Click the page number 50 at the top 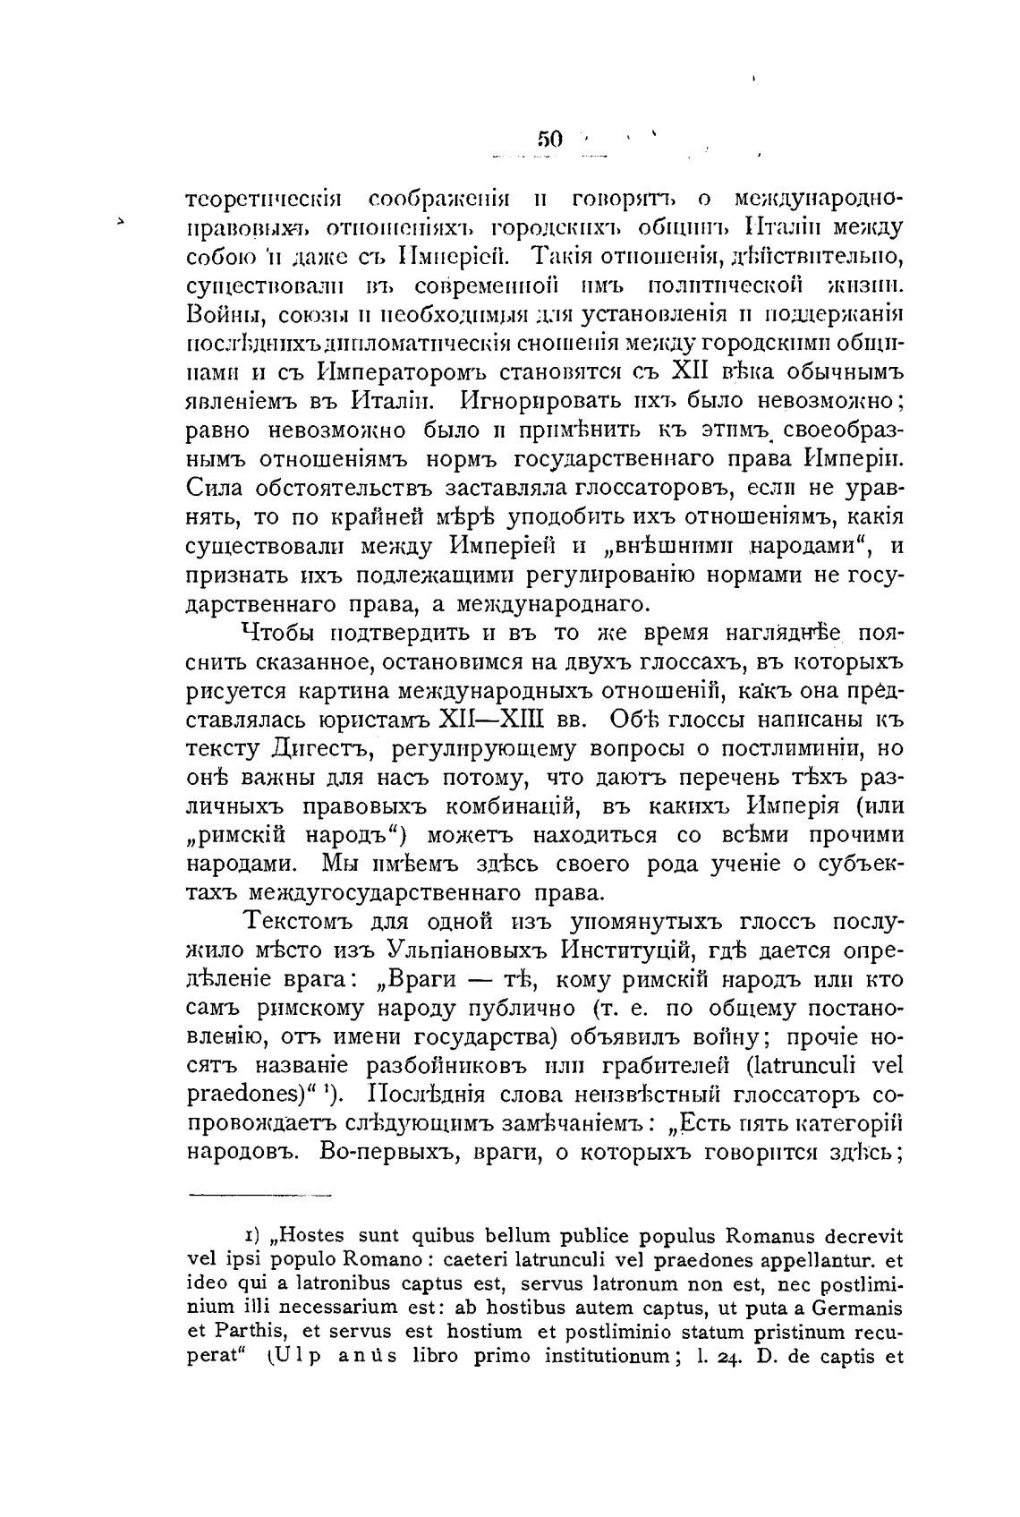(x=548, y=139)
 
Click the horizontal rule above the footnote (x=260, y=1194)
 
